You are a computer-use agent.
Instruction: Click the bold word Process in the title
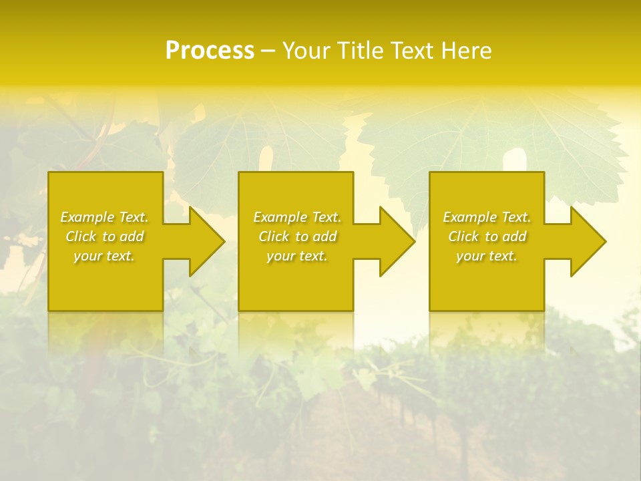pyautogui.click(x=210, y=51)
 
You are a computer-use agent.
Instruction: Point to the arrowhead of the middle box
pyautogui.click(x=396, y=241)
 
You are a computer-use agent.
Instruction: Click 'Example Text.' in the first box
pyautogui.click(x=104, y=217)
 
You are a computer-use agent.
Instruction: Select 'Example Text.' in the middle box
pyautogui.click(x=297, y=217)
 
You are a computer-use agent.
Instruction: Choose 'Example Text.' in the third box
pyautogui.click(x=487, y=217)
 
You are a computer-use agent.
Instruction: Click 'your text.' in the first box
pyautogui.click(x=104, y=256)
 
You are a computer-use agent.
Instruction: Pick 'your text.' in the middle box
pyautogui.click(x=297, y=256)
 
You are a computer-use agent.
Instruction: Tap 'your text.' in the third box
pyautogui.click(x=487, y=256)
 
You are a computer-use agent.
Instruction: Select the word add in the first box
pyautogui.click(x=133, y=236)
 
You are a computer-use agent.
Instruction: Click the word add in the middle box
pyautogui.click(x=326, y=236)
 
